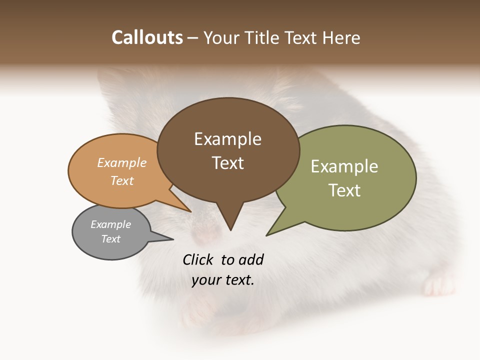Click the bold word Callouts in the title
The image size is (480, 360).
(147, 37)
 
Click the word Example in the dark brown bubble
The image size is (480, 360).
(227, 139)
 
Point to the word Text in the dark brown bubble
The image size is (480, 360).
(227, 163)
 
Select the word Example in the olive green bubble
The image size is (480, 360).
(344, 166)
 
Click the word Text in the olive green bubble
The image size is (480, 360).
(344, 190)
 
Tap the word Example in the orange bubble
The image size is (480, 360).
(122, 162)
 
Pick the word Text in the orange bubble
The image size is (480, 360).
(122, 180)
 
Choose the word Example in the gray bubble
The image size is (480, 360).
(110, 224)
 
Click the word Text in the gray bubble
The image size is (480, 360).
(110, 239)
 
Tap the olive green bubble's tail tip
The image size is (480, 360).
(267, 235)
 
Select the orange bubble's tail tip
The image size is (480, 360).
(190, 211)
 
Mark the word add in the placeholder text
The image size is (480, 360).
(250, 259)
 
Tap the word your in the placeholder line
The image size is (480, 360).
(205, 280)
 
